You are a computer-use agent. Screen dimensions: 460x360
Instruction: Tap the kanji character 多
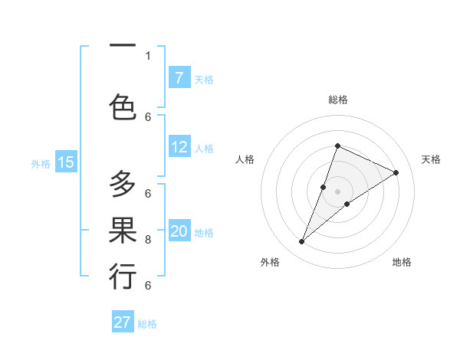pos(123,185)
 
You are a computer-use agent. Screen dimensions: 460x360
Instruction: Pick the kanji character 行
pos(123,277)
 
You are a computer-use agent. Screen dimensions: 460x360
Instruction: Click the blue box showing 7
pos(179,78)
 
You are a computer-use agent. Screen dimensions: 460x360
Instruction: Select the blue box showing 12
pos(179,148)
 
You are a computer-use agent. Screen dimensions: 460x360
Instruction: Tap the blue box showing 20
pos(179,232)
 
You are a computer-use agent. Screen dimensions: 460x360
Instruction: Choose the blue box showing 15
pos(66,162)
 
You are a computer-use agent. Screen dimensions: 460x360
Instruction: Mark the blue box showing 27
pos(123,322)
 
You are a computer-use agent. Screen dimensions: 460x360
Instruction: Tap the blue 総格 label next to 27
pos(147,324)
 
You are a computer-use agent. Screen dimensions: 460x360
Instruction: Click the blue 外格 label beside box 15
pos(40,163)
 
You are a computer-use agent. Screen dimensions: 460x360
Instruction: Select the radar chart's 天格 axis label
pos(431,159)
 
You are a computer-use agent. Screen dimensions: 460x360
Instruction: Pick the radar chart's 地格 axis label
pos(402,262)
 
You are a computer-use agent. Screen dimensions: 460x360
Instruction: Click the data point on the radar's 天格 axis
pos(396,172)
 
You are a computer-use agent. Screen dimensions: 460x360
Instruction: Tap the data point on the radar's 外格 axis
pos(302,242)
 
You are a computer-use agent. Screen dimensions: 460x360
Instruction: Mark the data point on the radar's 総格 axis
pos(337,146)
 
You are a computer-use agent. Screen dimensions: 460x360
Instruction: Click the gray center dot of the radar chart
pos(337,191)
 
